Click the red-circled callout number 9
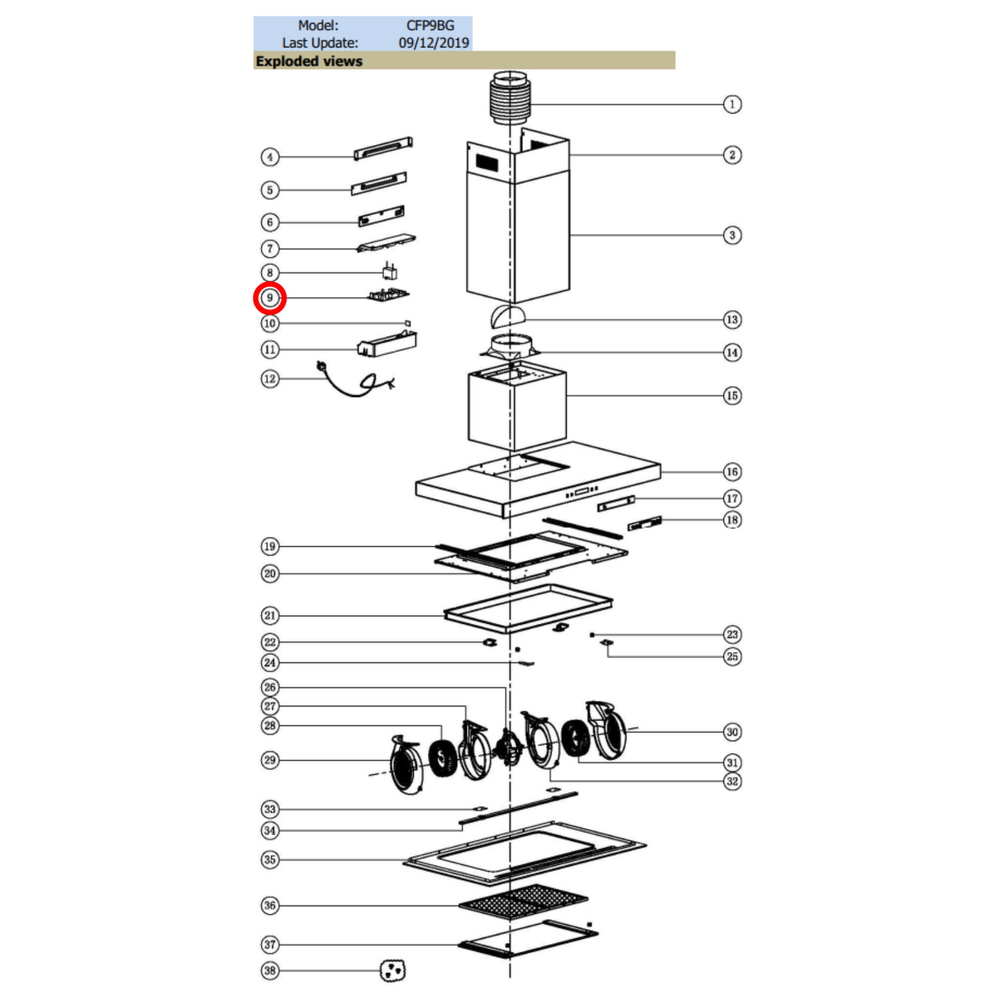(x=269, y=298)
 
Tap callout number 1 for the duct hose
(x=732, y=104)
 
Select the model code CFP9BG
(x=430, y=26)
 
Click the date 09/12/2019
(x=433, y=42)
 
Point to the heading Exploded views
(x=309, y=61)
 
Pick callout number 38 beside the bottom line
(x=269, y=970)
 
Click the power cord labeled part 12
(x=356, y=380)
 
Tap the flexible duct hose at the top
(x=510, y=98)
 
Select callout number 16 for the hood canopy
(x=732, y=472)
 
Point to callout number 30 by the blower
(x=732, y=732)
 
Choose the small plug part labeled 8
(x=389, y=271)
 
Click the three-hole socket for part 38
(x=393, y=970)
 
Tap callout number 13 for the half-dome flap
(x=732, y=320)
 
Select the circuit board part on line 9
(x=388, y=295)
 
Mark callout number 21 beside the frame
(x=269, y=615)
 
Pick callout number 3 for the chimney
(x=732, y=235)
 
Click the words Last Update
(x=320, y=42)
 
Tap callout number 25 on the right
(x=732, y=657)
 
